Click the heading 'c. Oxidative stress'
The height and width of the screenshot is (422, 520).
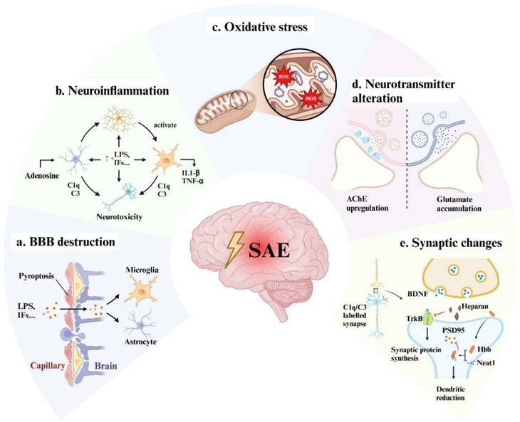click(262, 28)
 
